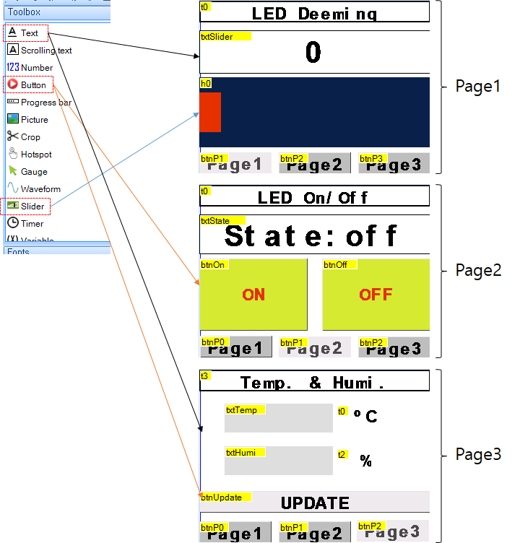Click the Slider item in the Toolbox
32,207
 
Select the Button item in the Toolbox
32,85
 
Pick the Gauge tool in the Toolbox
33,172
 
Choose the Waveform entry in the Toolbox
40,189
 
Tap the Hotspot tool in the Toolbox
35,155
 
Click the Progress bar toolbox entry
45,103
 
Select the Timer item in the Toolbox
32,224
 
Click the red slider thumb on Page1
210,112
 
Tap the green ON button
253,295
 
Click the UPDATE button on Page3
315,503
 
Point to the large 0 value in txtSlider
313,53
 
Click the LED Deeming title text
314,13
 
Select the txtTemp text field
279,418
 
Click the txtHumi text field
279,461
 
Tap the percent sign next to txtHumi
366,461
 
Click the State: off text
311,236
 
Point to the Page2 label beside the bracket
477,270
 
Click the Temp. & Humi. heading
313,382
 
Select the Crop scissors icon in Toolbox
13,137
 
